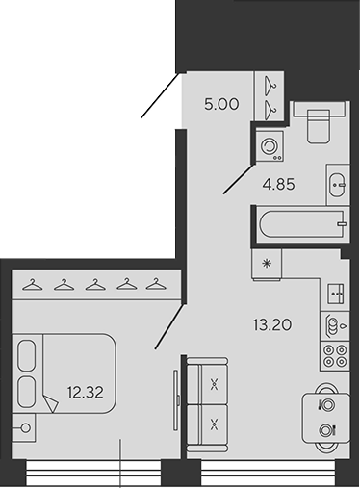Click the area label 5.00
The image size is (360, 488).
coord(222,105)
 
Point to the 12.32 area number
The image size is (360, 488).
coord(85,391)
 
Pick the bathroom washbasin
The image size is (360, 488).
coord(338,180)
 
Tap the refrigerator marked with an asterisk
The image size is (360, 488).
coord(265,262)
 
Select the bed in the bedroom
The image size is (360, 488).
coord(65,376)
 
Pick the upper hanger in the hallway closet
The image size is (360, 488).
coord(272,83)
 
